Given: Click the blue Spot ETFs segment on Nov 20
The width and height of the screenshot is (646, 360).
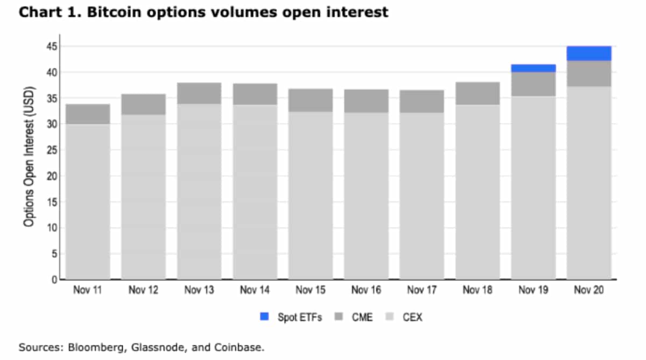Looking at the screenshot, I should (x=589, y=53).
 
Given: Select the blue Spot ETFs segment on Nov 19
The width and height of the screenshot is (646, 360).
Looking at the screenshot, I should (x=533, y=68).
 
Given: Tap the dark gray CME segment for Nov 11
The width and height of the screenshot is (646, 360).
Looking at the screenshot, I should (x=88, y=114).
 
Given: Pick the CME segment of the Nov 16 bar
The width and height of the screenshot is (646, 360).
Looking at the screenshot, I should (x=366, y=101).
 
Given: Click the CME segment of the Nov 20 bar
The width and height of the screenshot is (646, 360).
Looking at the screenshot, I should (x=589, y=74).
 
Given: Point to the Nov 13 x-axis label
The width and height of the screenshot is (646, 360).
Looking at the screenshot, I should (x=199, y=291).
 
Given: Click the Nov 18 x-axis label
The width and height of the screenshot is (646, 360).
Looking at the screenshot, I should (x=478, y=291).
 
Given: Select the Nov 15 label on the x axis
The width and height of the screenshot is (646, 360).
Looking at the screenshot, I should (x=311, y=291).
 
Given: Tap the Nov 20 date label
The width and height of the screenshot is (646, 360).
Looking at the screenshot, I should (x=589, y=291).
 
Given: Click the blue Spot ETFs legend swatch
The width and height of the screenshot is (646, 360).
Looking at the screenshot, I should (x=264, y=317).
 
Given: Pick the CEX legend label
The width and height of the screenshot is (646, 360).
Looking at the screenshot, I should (x=412, y=317).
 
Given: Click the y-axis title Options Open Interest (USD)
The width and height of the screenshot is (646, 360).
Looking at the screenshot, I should (x=30, y=156).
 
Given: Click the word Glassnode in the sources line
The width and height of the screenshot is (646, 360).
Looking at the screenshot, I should (x=152, y=348).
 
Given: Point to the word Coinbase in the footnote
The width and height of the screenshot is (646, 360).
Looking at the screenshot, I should (x=240, y=348).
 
